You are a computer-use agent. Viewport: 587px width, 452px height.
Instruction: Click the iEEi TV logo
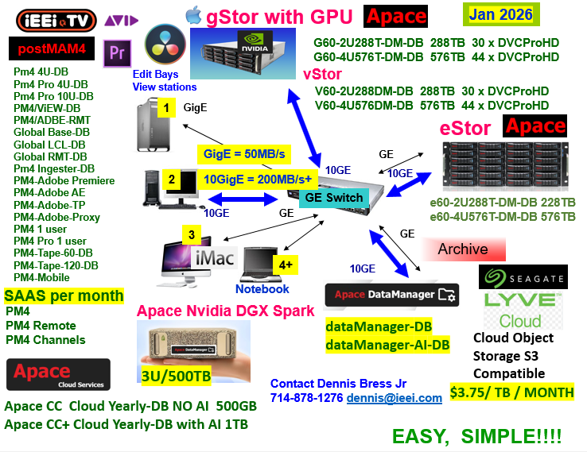pos(56,21)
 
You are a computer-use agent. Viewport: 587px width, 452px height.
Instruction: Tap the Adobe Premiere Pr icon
pos(117,53)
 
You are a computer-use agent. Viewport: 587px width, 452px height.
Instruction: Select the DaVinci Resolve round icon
pos(165,44)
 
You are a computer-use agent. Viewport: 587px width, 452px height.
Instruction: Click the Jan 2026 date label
pos(501,14)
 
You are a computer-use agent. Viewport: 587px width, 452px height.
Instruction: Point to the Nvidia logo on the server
pos(255,42)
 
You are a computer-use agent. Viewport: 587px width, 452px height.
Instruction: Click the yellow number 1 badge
pos(166,108)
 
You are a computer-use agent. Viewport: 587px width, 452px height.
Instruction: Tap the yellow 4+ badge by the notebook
pos(286,265)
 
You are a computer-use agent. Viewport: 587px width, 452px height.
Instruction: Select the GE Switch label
pos(333,197)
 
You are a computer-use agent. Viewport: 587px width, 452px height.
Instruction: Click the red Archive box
pos(464,249)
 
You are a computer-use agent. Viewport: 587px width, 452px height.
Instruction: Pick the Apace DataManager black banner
pos(391,295)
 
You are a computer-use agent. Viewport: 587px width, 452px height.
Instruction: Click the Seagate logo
pos(523,277)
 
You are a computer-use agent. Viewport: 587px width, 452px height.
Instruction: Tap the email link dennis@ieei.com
pos(395,398)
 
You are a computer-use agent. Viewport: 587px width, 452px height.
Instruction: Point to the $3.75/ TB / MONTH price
pos(511,392)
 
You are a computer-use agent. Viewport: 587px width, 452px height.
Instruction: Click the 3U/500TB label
pos(176,376)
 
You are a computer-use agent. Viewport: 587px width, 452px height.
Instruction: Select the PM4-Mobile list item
pos(41,277)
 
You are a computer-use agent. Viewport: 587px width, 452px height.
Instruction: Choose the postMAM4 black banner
pos(52,48)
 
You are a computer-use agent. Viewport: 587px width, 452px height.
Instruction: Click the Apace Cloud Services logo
pos(58,375)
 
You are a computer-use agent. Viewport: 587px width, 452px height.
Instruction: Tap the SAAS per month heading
pos(64,296)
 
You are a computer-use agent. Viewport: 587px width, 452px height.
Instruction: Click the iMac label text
pos(215,257)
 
